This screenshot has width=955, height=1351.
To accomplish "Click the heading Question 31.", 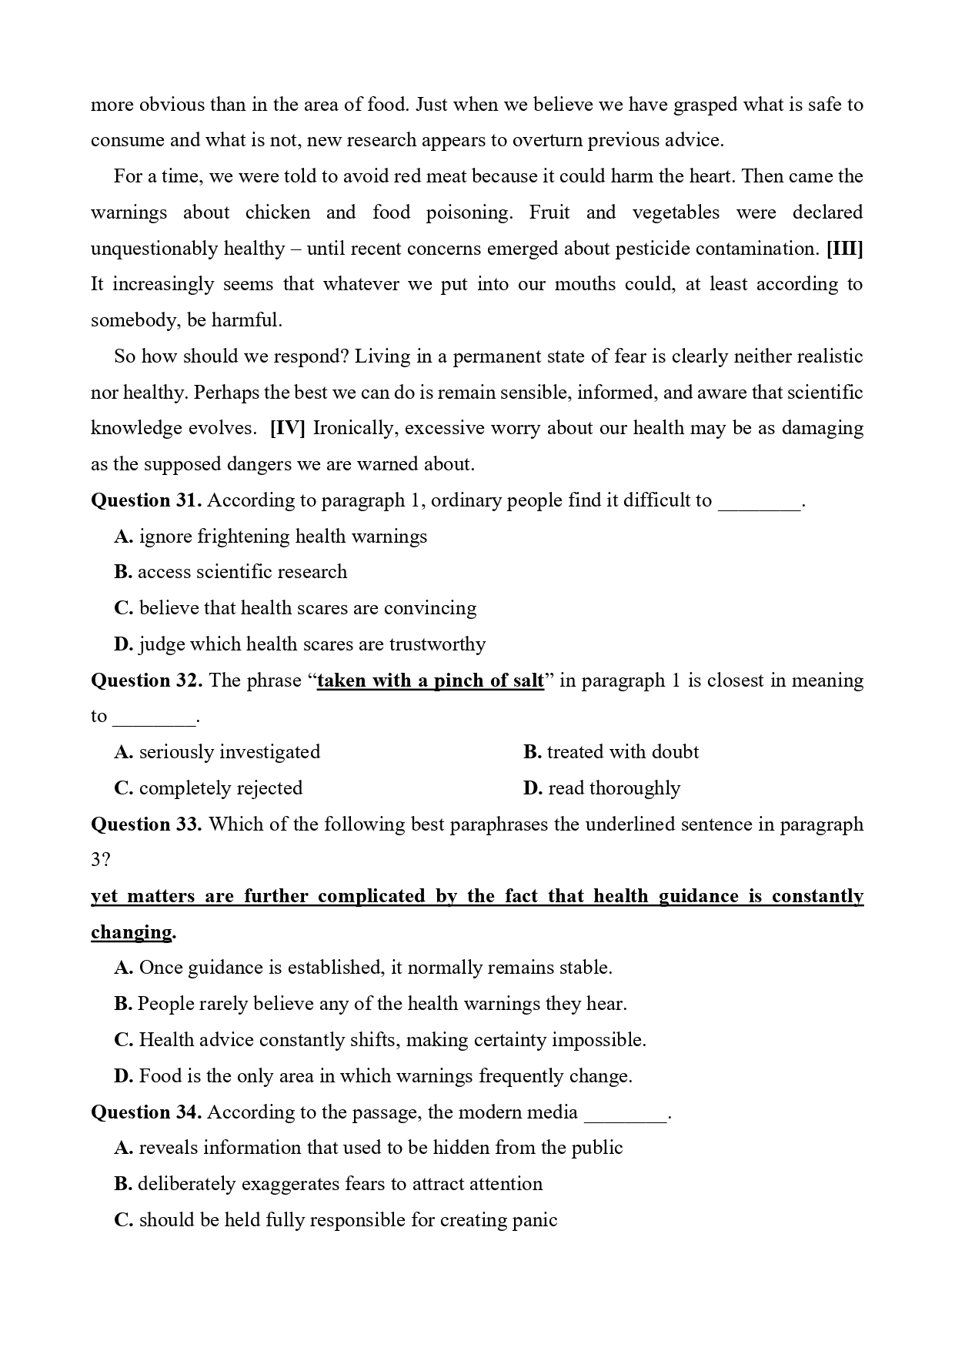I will pos(146,500).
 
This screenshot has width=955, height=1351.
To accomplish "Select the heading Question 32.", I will pos(146,681).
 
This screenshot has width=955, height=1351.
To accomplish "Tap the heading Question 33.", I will pos(146,824).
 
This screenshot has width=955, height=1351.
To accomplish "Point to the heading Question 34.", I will pos(146,1112).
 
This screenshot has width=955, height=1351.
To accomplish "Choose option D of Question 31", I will pos(300,644).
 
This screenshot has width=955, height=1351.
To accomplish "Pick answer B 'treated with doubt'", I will pos(611,752).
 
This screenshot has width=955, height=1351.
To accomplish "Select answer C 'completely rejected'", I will pos(209,788).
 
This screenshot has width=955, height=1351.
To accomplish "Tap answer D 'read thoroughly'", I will pos(602,788).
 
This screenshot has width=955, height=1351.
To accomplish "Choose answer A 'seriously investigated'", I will pos(217,752).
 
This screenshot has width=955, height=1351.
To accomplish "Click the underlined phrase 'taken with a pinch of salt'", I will pos(430,681).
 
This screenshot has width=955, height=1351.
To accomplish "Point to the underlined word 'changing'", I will pos(132,932).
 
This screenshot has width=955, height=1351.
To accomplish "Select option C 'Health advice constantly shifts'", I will pos(380,1040).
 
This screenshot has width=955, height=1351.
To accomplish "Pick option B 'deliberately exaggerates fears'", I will pos(329,1184).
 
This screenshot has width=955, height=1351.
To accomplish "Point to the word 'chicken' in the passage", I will pos(278,212).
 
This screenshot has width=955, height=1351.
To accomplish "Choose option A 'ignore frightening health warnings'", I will pos(271,537).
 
